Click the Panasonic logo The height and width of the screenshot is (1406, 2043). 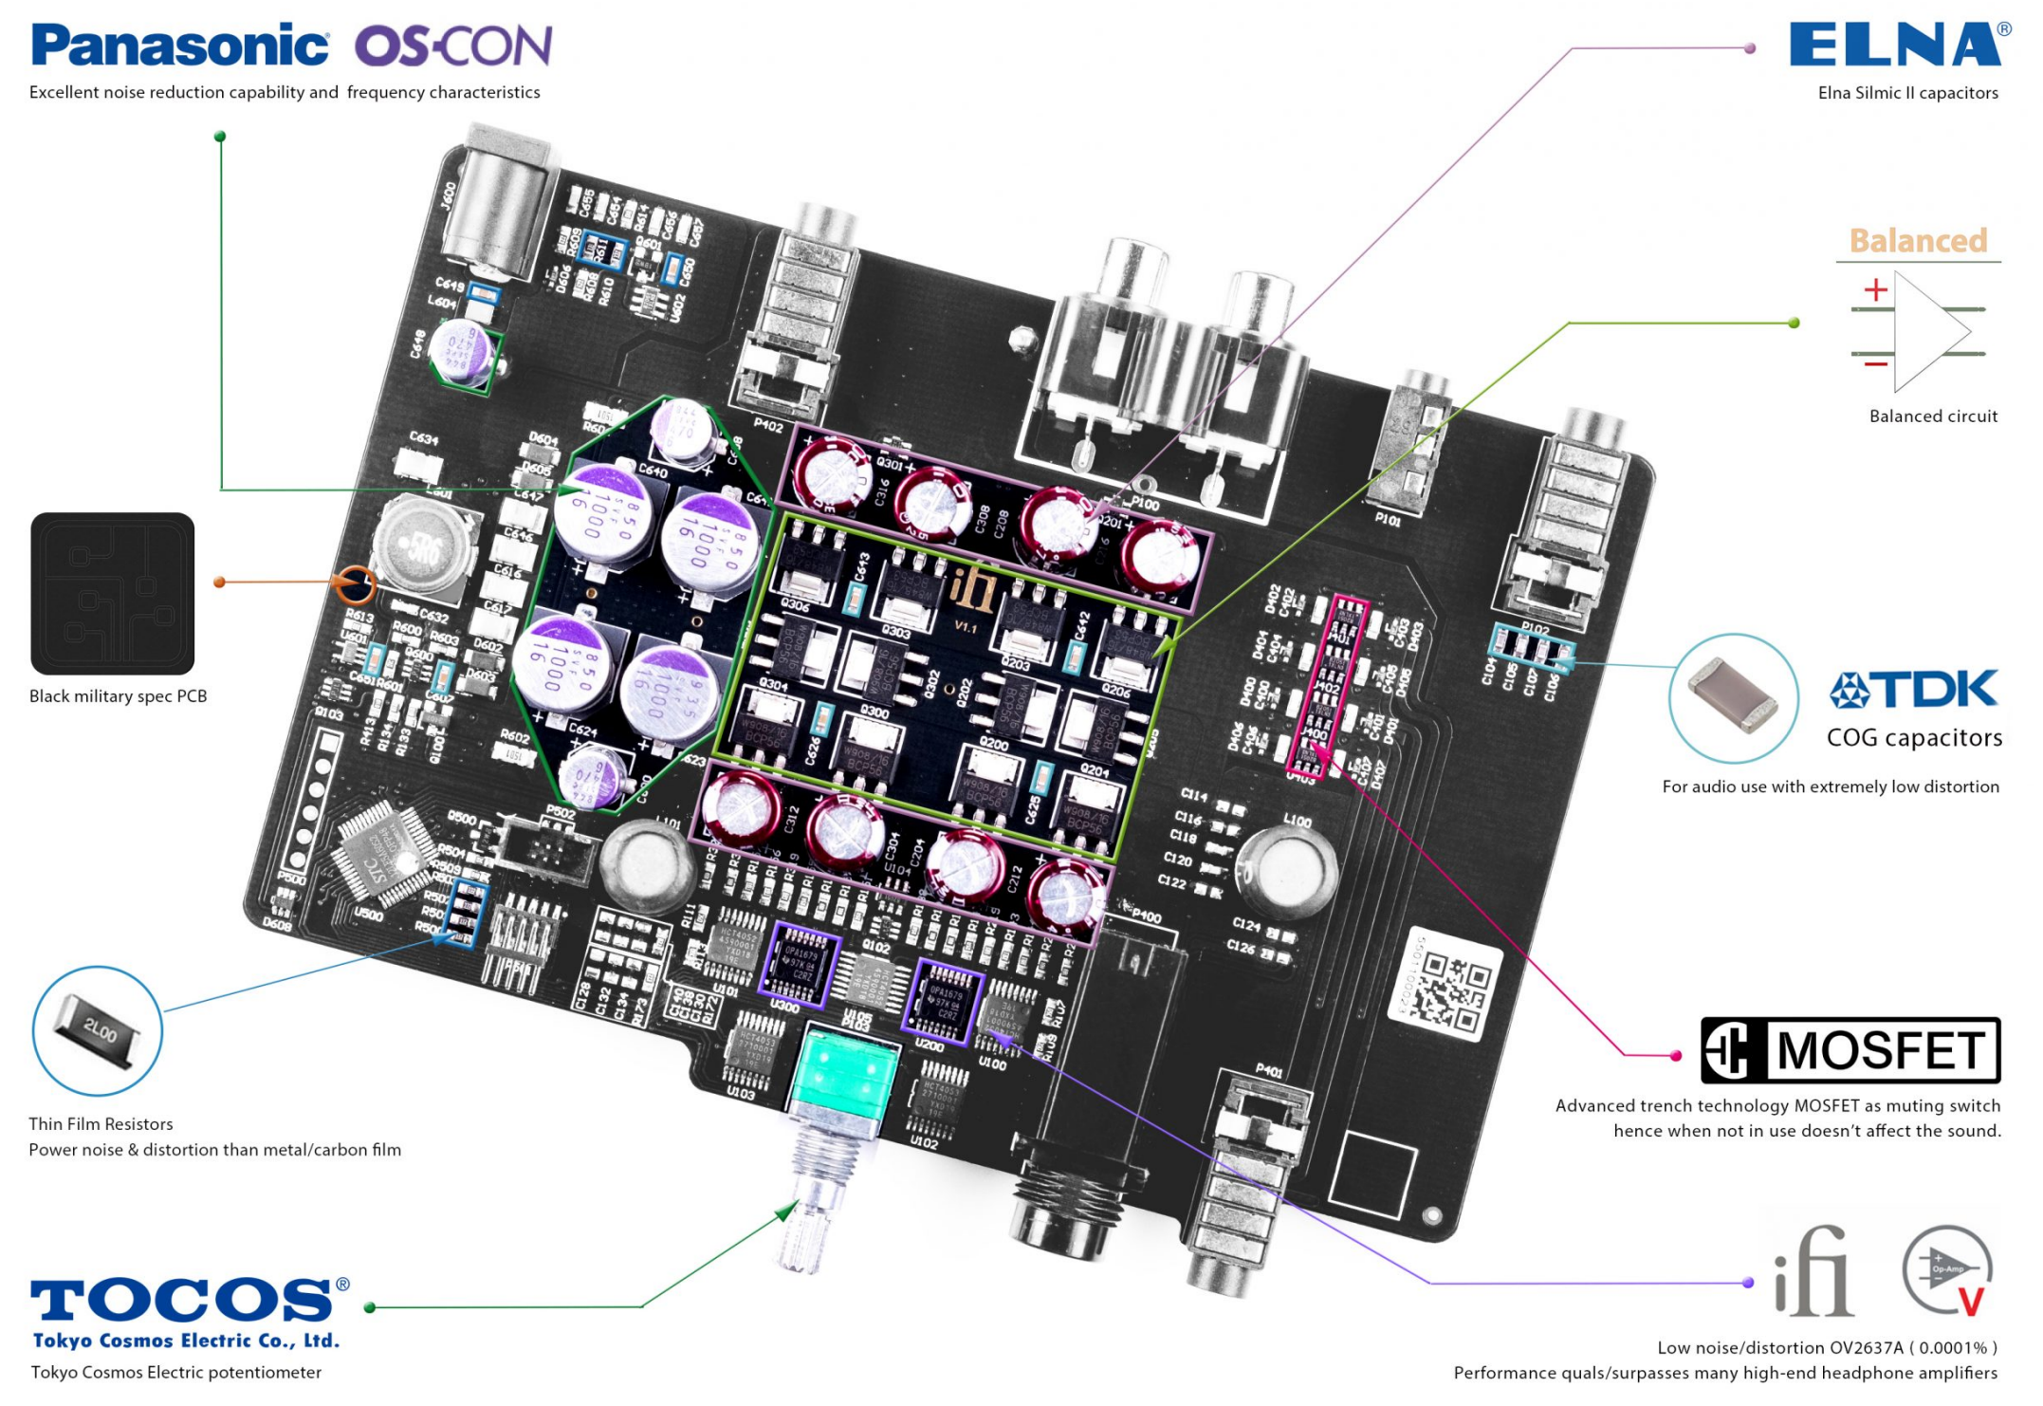(x=180, y=46)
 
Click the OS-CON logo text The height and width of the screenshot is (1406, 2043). (x=453, y=46)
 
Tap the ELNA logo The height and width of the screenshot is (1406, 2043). (x=1895, y=45)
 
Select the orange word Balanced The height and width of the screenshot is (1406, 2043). (x=1918, y=241)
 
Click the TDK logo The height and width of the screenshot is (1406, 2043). (x=1913, y=691)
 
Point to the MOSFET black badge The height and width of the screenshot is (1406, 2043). (x=1850, y=1050)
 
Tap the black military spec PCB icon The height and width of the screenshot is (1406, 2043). (x=113, y=594)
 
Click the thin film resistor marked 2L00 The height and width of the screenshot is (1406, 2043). (x=98, y=1031)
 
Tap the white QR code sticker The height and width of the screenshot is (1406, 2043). (x=1445, y=984)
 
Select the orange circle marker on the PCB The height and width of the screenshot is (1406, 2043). (x=355, y=584)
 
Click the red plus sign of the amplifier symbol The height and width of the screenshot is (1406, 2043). (x=1875, y=289)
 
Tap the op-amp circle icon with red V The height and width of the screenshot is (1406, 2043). (x=1946, y=1270)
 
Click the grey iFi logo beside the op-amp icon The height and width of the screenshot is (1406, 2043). (x=1813, y=1274)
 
